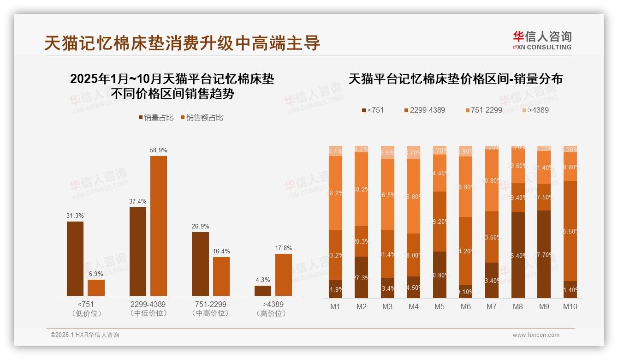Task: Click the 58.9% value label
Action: pos(159,150)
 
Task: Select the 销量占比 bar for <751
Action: pos(75,258)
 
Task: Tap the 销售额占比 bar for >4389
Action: pos(284,275)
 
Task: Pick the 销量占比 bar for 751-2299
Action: pos(200,264)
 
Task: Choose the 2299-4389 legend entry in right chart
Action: pos(424,110)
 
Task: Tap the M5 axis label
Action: pos(440,306)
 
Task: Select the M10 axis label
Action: pos(570,306)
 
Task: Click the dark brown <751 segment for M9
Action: pos(544,254)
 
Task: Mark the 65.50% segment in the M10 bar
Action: pos(570,231)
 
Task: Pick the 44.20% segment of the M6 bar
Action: pos(466,251)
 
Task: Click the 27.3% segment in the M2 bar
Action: pos(361,277)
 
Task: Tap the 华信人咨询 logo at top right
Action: pos(542,40)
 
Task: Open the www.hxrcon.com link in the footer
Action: pos(536,335)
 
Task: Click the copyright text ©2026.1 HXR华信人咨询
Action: pos(85,335)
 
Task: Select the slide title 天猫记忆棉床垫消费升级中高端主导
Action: pos(182,43)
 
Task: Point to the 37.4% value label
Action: pos(138,201)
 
